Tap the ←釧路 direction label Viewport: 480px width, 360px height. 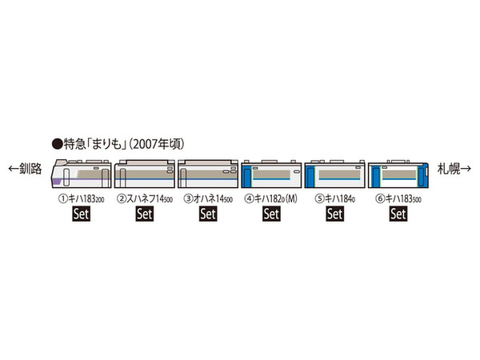(x=25, y=168)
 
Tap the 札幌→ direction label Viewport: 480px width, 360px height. (x=454, y=168)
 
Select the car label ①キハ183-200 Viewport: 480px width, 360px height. (x=82, y=199)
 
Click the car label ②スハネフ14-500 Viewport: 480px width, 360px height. (x=145, y=199)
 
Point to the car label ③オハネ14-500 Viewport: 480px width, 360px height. (x=208, y=199)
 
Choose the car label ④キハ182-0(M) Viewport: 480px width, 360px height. (x=271, y=199)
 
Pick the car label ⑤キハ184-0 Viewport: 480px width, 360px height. (x=335, y=199)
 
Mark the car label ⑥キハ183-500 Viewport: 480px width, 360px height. (x=398, y=199)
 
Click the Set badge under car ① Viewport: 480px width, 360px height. (x=82, y=214)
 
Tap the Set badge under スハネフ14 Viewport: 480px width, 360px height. (x=145, y=214)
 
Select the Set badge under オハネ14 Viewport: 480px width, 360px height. (x=208, y=214)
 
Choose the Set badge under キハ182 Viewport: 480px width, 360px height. (x=271, y=214)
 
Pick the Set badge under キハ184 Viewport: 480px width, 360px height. (x=335, y=214)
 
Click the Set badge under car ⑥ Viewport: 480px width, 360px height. (x=398, y=214)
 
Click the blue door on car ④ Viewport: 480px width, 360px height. (x=246, y=176)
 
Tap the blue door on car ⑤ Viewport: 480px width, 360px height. (x=310, y=176)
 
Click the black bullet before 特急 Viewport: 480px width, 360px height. (x=57, y=144)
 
